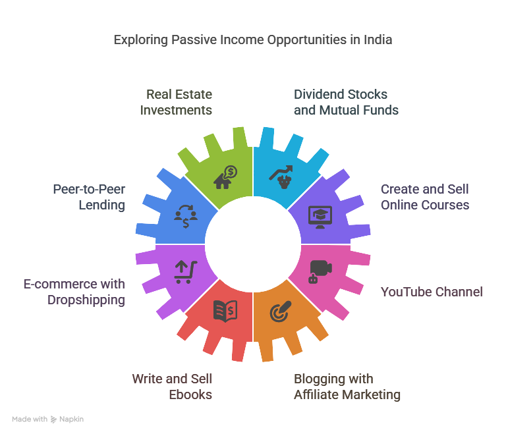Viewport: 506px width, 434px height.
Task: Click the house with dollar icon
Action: click(x=225, y=176)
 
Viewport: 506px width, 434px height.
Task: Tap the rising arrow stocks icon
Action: click(x=282, y=176)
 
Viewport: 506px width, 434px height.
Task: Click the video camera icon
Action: click(x=320, y=271)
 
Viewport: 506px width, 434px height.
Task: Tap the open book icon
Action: click(x=225, y=311)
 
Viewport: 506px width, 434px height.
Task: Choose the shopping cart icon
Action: click(x=185, y=271)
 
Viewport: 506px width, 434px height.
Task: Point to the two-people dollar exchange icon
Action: click(x=186, y=215)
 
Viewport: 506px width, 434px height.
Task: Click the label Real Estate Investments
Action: click(x=176, y=102)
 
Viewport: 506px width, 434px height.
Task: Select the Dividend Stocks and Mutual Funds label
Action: click(x=346, y=102)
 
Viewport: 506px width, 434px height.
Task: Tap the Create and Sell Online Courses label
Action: click(x=425, y=197)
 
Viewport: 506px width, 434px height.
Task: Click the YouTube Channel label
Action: click(x=432, y=292)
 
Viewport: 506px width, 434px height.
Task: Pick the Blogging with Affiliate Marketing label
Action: click(x=347, y=387)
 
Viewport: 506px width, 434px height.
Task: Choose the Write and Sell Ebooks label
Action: click(x=172, y=387)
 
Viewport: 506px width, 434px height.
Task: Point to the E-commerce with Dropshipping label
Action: click(x=74, y=292)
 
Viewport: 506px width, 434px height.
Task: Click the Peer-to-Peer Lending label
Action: click(x=89, y=197)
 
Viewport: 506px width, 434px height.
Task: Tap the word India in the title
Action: click(x=376, y=40)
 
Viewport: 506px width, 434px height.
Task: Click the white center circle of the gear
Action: click(x=253, y=244)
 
